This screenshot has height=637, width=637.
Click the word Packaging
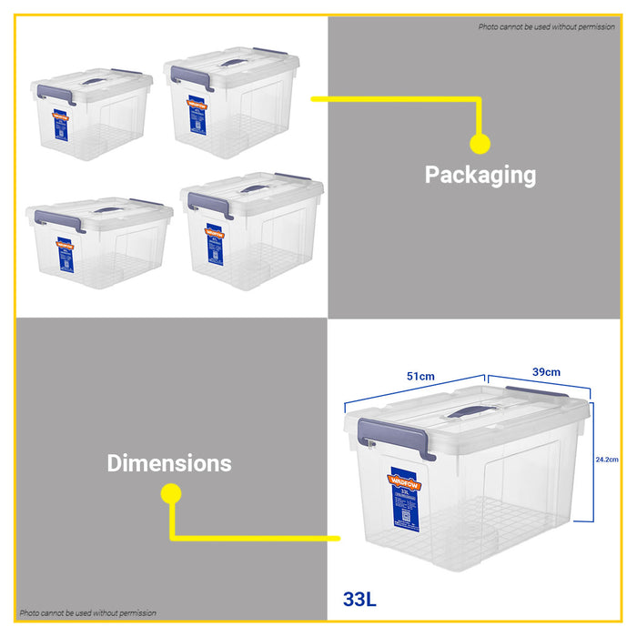point(480,175)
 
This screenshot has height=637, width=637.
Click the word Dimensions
point(169,463)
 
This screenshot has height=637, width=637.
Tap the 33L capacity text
point(359,600)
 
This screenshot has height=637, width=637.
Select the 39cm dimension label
point(546,371)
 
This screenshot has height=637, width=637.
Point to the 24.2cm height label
point(608,460)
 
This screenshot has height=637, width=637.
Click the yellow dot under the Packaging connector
point(480,144)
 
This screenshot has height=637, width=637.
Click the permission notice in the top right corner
point(546,27)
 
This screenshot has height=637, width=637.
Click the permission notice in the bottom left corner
point(88,613)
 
